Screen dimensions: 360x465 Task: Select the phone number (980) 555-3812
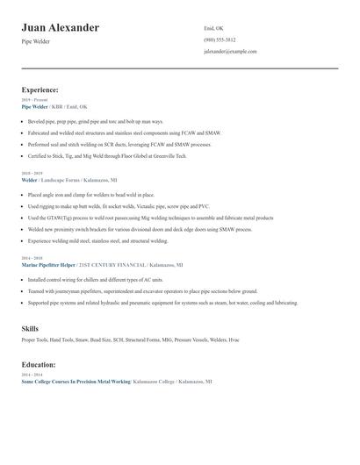[220, 39]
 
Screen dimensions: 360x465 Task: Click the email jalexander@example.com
[230, 52]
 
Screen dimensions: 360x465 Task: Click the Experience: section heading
[40, 89]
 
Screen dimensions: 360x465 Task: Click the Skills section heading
[30, 328]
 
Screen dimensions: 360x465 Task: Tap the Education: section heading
[39, 363]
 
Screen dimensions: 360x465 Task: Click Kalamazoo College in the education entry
[152, 382]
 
